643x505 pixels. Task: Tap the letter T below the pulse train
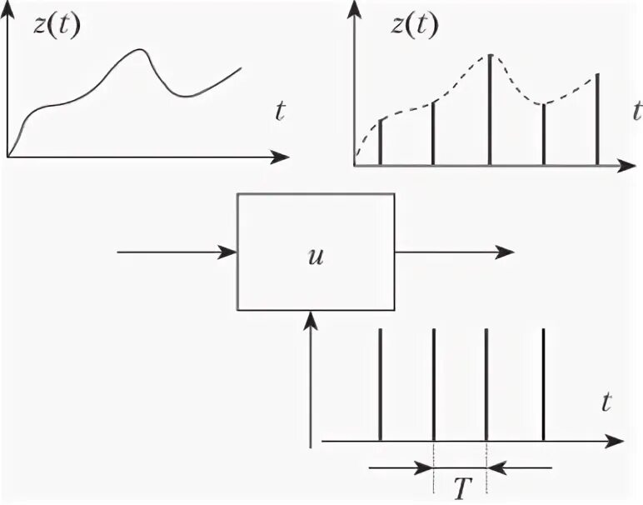pyautogui.click(x=460, y=486)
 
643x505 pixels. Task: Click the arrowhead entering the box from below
pyautogui.click(x=310, y=317)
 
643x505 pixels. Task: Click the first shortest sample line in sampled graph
pyautogui.click(x=380, y=142)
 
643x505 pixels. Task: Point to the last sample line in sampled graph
pyautogui.click(x=597, y=119)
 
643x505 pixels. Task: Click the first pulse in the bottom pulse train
pyautogui.click(x=380, y=383)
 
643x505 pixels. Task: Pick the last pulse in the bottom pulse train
pyautogui.click(x=543, y=383)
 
